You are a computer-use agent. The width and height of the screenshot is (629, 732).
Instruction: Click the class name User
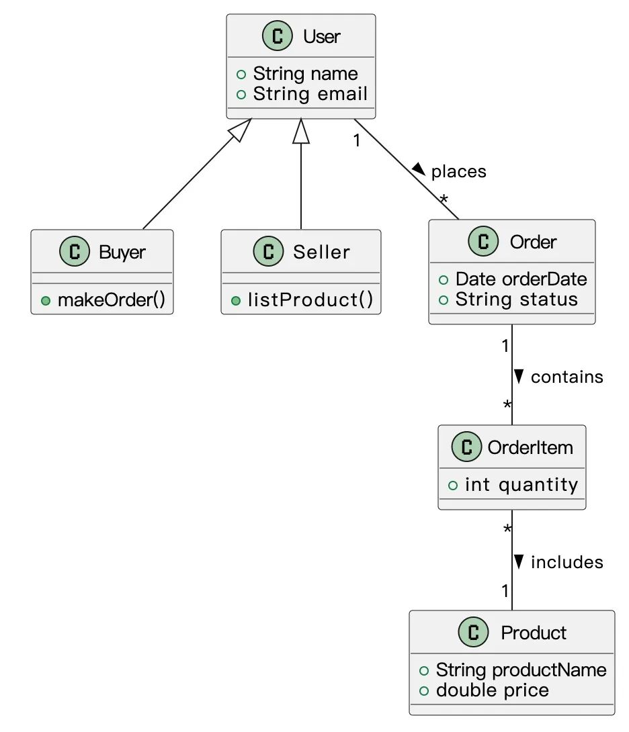click(x=321, y=36)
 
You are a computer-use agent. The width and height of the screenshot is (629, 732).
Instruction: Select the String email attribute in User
click(x=310, y=95)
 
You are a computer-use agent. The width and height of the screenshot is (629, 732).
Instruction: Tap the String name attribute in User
click(x=305, y=74)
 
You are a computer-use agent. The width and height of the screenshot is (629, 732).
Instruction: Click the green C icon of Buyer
click(x=75, y=252)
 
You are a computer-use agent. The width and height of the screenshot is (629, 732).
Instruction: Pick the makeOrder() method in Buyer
click(x=111, y=300)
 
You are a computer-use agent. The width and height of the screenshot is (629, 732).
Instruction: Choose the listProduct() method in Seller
click(x=310, y=300)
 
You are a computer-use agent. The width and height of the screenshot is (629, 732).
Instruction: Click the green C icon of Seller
click(x=268, y=252)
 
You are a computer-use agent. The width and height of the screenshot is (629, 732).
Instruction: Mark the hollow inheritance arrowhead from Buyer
click(x=241, y=129)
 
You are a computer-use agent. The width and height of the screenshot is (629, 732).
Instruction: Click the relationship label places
click(x=458, y=172)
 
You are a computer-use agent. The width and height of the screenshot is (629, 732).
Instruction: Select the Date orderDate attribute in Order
click(x=521, y=279)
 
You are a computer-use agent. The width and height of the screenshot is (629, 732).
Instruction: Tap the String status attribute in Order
click(x=516, y=300)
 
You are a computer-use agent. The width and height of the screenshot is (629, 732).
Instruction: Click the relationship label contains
click(x=567, y=377)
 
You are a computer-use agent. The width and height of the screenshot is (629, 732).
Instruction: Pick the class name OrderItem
click(x=530, y=447)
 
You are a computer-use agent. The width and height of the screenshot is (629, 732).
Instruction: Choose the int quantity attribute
click(x=521, y=485)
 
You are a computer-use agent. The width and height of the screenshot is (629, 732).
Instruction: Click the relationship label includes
click(x=567, y=562)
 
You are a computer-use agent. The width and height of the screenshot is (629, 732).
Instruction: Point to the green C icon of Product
click(x=473, y=633)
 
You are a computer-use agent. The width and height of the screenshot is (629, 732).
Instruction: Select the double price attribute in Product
click(x=492, y=690)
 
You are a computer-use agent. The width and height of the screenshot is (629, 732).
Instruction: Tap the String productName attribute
click(x=521, y=670)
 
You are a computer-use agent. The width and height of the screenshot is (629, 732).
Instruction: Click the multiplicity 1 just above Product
click(x=505, y=592)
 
